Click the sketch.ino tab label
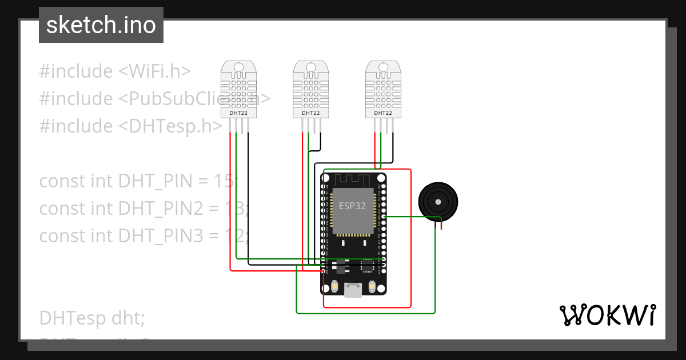tap(101, 25)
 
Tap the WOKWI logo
tap(607, 315)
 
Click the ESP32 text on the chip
tap(353, 206)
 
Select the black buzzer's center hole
tap(438, 202)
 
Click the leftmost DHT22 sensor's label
tap(238, 113)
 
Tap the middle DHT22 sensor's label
tap(310, 113)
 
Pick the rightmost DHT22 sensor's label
tap(382, 113)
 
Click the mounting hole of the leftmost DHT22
tap(239, 68)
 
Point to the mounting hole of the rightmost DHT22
tap(383, 68)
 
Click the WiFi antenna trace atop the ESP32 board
tap(353, 179)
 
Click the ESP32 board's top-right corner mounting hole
tap(381, 178)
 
